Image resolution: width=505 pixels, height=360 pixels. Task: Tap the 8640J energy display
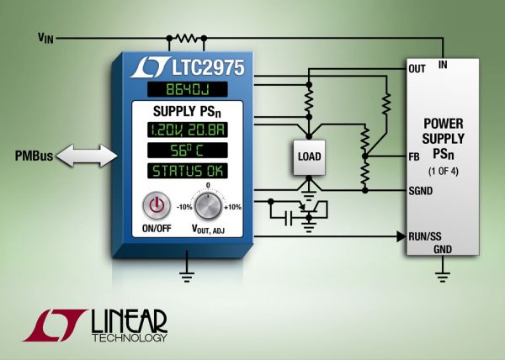pos(185,90)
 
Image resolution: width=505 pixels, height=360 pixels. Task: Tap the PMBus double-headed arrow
pos(83,156)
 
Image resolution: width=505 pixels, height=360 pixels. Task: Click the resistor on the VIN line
pos(185,38)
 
